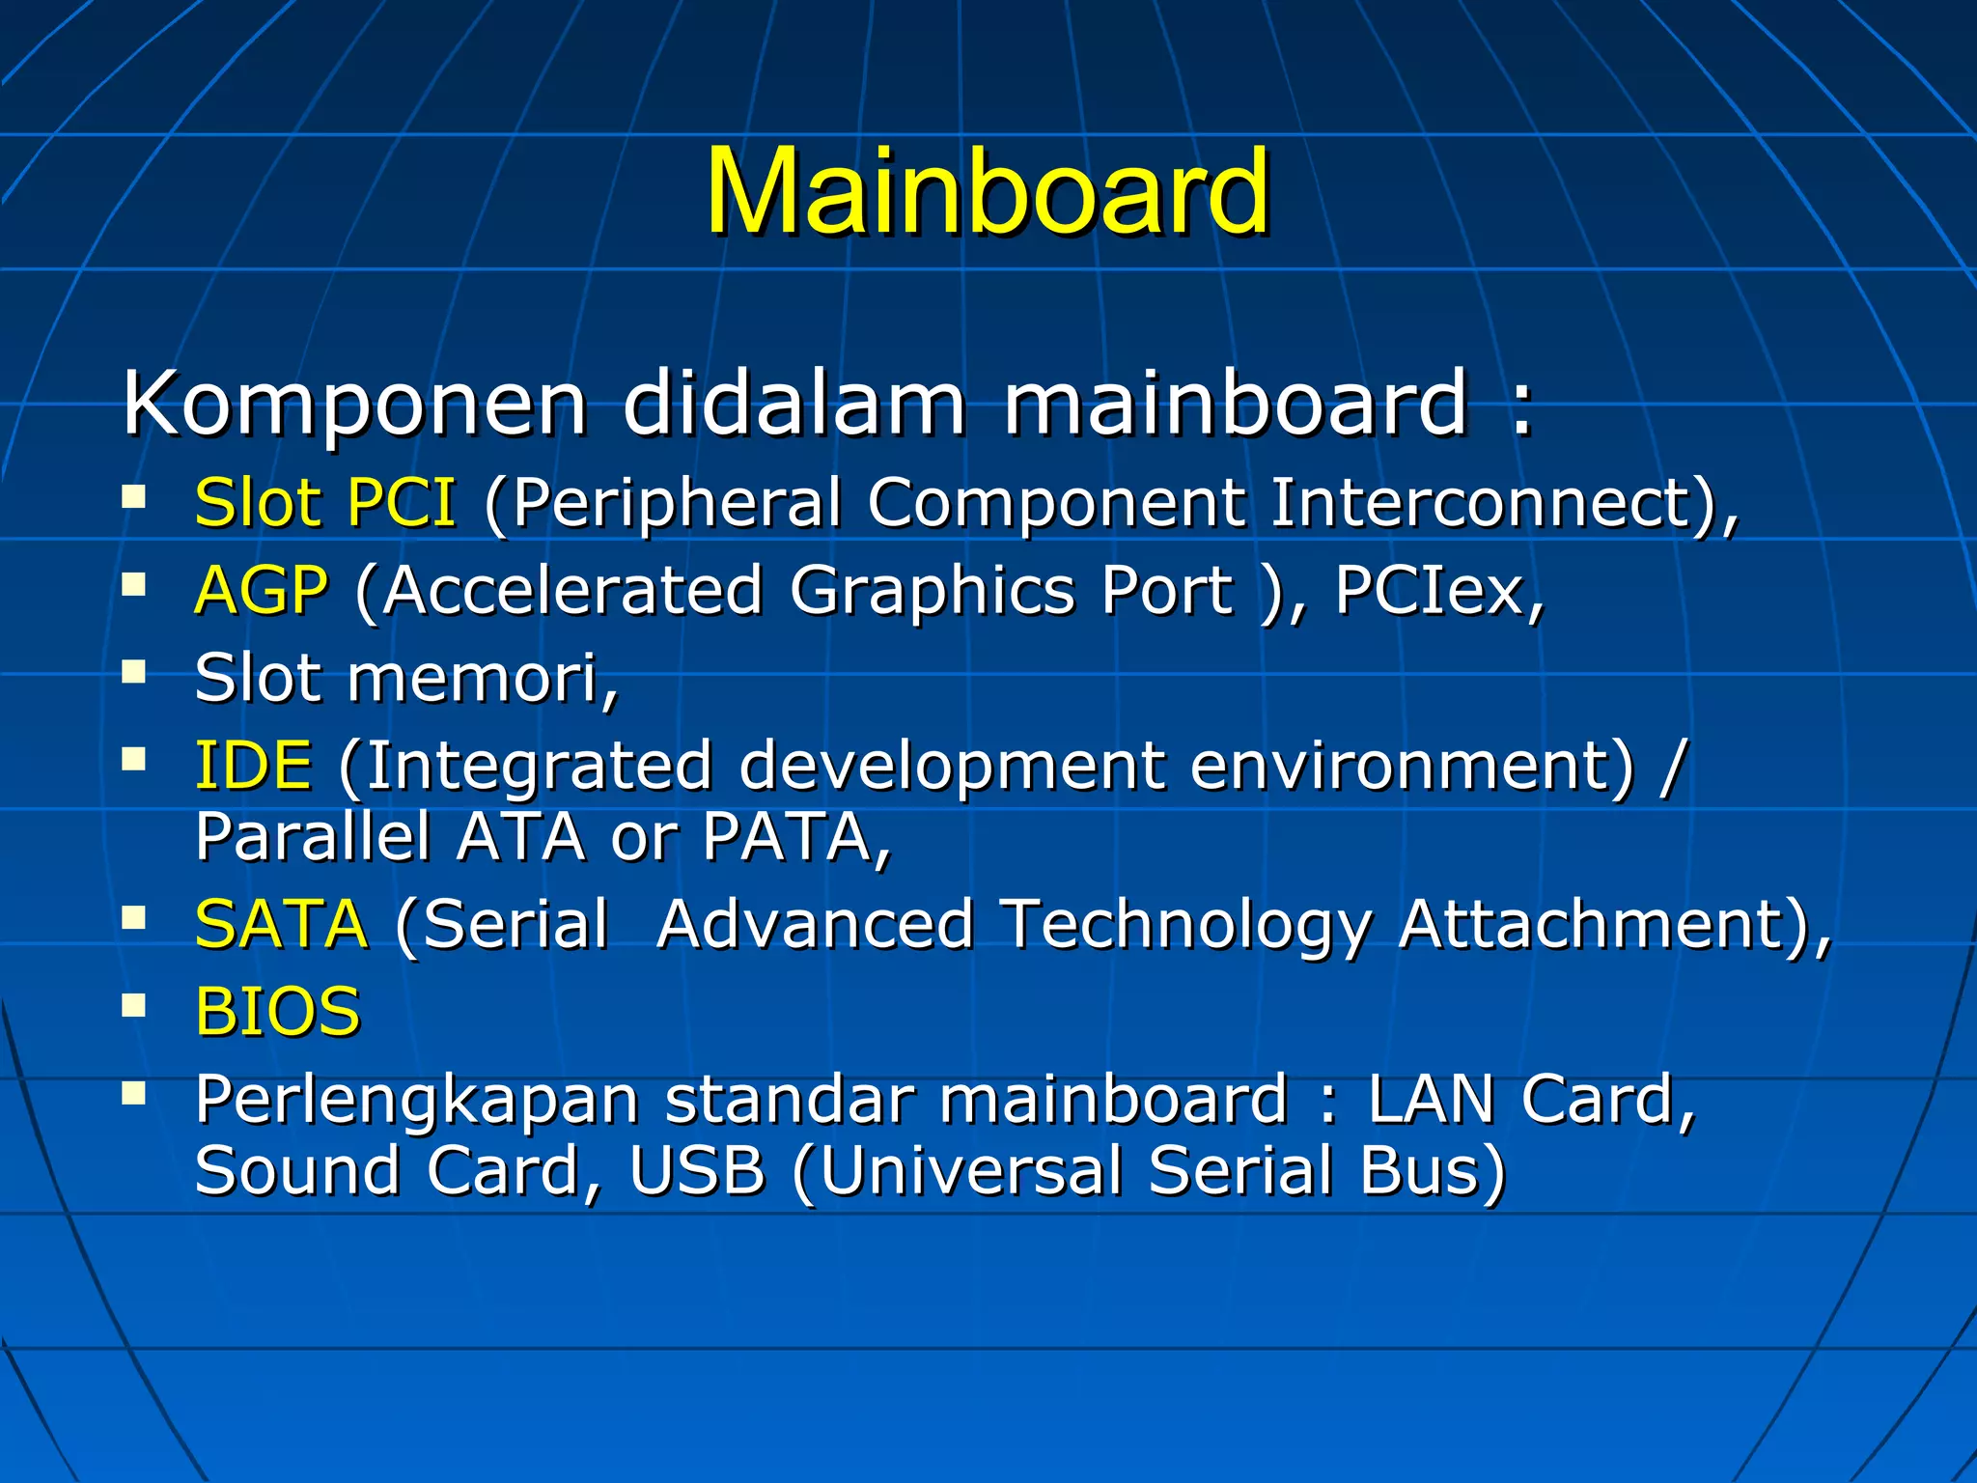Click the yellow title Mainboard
click(x=987, y=191)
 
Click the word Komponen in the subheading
click(x=354, y=404)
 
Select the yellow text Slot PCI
click(x=325, y=503)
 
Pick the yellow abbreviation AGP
click(x=262, y=591)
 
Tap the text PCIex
click(x=1436, y=591)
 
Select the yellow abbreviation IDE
click(x=254, y=766)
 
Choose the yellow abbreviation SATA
click(x=281, y=925)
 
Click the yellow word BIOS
click(x=277, y=1013)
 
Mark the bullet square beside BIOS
click(x=134, y=1006)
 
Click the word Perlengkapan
click(x=416, y=1100)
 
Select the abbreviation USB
click(x=697, y=1170)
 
